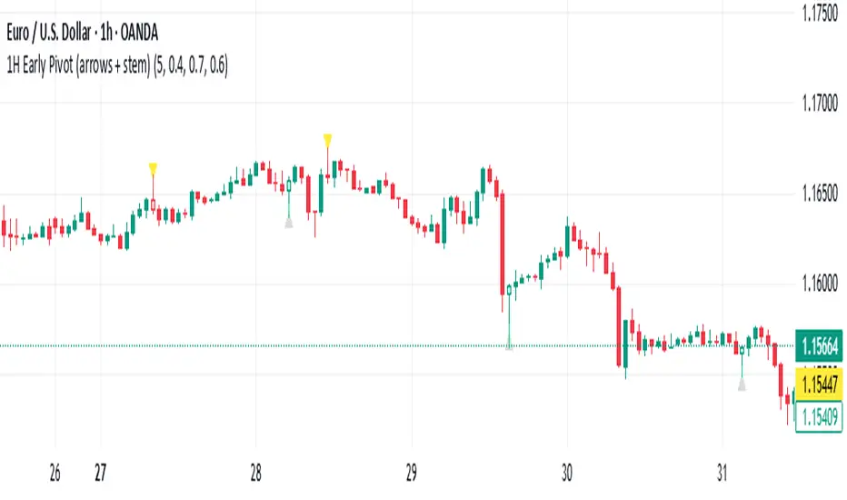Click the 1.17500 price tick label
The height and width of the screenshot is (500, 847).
[x=815, y=15]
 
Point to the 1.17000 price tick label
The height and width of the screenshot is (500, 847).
[x=815, y=105]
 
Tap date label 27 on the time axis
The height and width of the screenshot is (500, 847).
[x=101, y=474]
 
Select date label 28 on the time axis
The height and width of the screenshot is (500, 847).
[x=255, y=474]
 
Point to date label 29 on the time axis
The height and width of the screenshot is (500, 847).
[x=411, y=474]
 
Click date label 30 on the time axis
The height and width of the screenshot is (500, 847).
[x=566, y=474]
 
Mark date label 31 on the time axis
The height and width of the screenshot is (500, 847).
[x=722, y=474]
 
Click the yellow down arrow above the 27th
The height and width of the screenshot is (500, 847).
[x=153, y=167]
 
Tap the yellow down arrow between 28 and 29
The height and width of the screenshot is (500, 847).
[x=327, y=139]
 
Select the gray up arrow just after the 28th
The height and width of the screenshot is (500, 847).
[x=289, y=222]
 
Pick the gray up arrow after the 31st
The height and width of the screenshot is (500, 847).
[x=742, y=385]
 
